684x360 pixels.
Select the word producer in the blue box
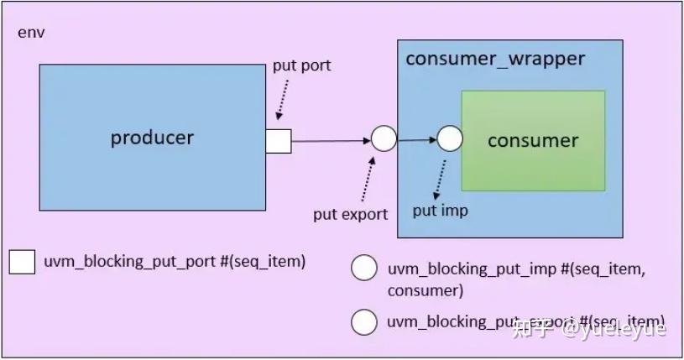(x=152, y=138)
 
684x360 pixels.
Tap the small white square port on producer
(x=279, y=141)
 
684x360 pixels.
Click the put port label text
(x=302, y=66)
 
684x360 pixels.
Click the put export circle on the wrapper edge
(x=384, y=139)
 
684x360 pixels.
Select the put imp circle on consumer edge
(x=450, y=139)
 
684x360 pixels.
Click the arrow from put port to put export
(x=331, y=140)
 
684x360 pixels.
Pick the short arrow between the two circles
(x=416, y=140)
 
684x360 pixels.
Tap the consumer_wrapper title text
(x=495, y=60)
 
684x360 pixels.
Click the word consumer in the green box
(x=533, y=140)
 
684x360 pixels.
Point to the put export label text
(x=351, y=214)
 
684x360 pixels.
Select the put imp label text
(x=440, y=211)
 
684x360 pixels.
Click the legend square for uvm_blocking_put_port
(x=22, y=263)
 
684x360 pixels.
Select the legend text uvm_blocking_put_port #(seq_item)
(x=175, y=262)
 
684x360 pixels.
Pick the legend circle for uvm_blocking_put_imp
(x=364, y=269)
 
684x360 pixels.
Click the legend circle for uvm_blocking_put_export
(x=364, y=321)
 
